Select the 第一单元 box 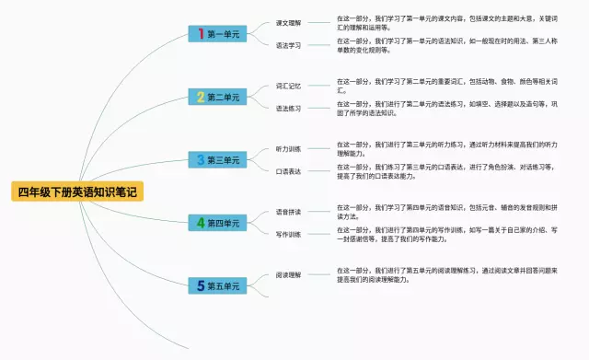tap(217, 34)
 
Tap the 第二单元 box tap(217, 97)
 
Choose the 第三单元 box tap(217, 159)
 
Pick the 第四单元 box tap(217, 223)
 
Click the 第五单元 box tap(217, 285)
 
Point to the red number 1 tap(202, 34)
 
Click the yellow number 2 tap(202, 97)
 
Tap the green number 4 tap(202, 223)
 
